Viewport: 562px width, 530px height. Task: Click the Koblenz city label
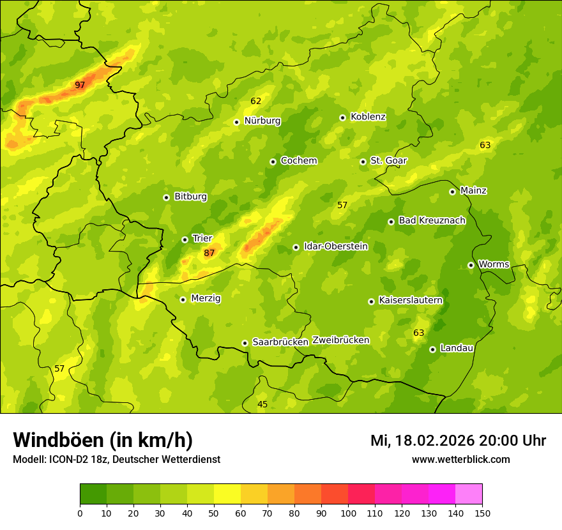[x=368, y=117]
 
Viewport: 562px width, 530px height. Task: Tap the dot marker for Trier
[x=185, y=239]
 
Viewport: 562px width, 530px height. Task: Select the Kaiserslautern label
[x=411, y=300]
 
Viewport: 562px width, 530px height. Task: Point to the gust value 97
[x=80, y=85]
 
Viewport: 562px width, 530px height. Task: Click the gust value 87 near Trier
[x=209, y=254]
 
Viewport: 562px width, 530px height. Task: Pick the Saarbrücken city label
[x=280, y=342]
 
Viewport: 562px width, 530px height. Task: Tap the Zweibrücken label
[x=341, y=340]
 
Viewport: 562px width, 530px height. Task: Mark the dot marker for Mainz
[x=452, y=192]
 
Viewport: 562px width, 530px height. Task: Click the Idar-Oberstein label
[x=336, y=246]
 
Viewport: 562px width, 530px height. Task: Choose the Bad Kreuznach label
[x=432, y=220]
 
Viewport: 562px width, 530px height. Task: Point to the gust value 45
[x=262, y=404]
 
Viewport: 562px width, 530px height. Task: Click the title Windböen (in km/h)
[x=103, y=440]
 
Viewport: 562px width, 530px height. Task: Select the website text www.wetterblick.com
[x=461, y=459]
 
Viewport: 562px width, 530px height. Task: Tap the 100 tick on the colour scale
[x=348, y=512]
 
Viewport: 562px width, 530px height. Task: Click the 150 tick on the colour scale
[x=482, y=512]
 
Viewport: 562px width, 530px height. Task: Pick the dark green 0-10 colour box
[x=93, y=494]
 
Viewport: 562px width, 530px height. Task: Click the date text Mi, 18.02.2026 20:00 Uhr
[x=458, y=441]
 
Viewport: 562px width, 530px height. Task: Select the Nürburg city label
[x=262, y=121]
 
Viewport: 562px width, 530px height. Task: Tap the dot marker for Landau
[x=432, y=349]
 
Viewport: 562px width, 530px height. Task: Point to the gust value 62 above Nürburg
[x=256, y=101]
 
